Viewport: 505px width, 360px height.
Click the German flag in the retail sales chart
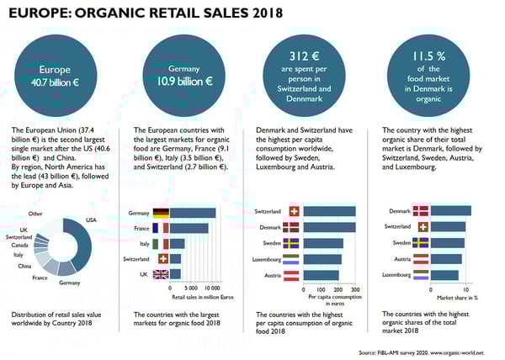pos(160,213)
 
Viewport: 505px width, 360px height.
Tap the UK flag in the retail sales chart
pos(160,273)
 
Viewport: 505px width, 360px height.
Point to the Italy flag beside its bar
pos(160,243)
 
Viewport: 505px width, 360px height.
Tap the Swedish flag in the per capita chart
pos(293,243)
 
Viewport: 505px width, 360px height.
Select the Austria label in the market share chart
pos(398,259)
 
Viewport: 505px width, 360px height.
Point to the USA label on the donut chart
pos(93,220)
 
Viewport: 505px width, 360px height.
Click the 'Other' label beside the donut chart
pos(35,214)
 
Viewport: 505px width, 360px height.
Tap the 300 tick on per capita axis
pos(355,289)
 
